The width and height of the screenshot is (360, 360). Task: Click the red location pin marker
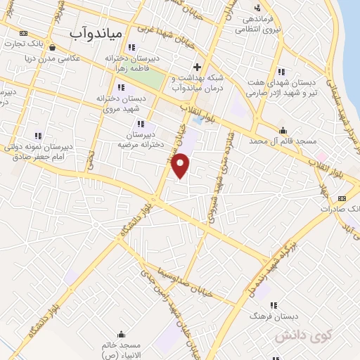pos(181,165)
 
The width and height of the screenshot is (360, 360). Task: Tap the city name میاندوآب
pos(96,33)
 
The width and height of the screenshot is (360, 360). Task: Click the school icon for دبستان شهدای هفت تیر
pos(281,72)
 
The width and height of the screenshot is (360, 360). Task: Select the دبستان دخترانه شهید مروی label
pos(121,104)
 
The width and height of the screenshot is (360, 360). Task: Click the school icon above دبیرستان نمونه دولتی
pos(38,136)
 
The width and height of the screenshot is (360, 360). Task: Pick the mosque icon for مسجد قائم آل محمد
pos(283,130)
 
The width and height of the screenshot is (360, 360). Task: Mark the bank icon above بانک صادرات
pos(342,198)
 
